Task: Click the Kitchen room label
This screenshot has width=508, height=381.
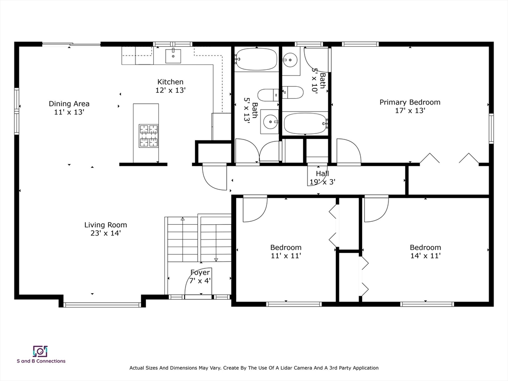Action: [x=170, y=82]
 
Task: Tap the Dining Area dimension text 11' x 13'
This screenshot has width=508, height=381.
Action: [x=69, y=112]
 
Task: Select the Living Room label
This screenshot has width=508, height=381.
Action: [x=105, y=225]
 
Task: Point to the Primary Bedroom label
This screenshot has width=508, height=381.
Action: [x=410, y=102]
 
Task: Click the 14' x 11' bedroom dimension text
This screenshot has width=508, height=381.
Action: [x=425, y=256]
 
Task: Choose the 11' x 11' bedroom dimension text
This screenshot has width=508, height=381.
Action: [x=286, y=256]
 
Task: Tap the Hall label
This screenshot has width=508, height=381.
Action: [x=322, y=174]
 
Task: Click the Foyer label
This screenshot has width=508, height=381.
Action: [x=200, y=272]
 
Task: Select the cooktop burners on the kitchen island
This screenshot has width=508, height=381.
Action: [x=148, y=136]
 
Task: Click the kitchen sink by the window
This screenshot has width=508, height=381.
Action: [x=173, y=56]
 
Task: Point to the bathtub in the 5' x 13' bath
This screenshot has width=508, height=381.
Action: [x=256, y=60]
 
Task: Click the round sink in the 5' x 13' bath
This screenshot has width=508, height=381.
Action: [x=270, y=122]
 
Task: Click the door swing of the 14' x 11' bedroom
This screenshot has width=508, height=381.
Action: [x=376, y=208]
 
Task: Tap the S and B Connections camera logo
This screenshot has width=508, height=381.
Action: [x=40, y=351]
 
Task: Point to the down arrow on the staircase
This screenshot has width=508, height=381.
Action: [x=216, y=259]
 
